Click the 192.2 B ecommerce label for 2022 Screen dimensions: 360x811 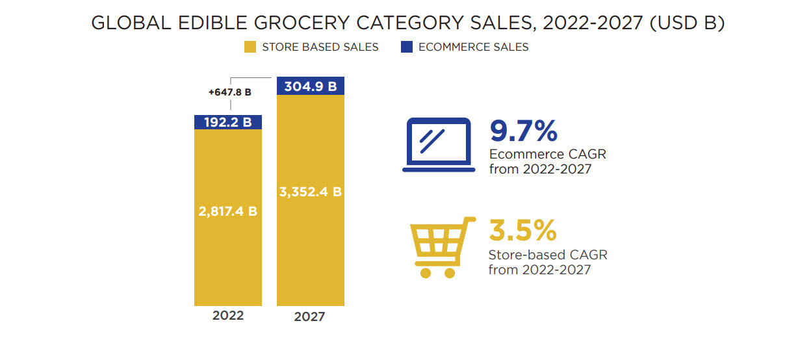(228, 122)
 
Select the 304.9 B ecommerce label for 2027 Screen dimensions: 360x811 (311, 86)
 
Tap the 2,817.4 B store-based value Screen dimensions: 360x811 (228, 211)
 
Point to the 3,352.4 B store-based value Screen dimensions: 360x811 (311, 192)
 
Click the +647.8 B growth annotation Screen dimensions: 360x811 (229, 92)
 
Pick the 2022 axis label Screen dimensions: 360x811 (228, 315)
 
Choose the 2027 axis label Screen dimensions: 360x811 (309, 317)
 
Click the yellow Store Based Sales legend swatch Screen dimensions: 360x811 (250, 47)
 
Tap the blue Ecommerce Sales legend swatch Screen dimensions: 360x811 (407, 47)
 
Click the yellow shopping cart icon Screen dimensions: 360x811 (439, 247)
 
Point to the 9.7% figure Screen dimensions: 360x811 (523, 131)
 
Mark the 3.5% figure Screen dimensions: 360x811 (522, 231)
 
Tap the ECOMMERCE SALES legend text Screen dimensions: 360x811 (473, 47)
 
